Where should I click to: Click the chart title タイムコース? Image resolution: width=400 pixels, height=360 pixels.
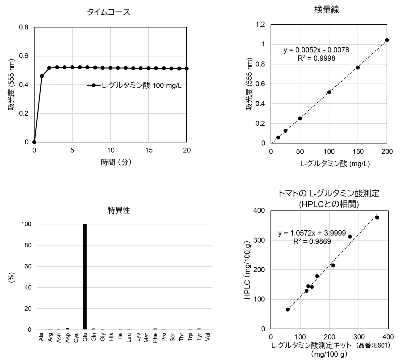coord(108,13)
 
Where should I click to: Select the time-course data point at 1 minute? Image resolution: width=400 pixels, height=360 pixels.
coord(42,76)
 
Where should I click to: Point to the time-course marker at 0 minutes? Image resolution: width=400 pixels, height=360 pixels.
coord(34,142)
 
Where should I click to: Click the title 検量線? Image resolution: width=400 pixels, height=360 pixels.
coord(326,10)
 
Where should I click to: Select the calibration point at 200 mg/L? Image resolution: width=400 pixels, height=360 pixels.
coord(387,40)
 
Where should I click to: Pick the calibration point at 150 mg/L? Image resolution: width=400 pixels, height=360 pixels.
coord(358,67)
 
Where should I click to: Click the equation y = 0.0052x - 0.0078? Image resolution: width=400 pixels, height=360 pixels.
coord(316,50)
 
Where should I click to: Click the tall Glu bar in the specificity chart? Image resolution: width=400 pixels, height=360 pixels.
coord(85,277)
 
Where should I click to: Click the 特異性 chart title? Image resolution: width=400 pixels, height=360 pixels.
coord(119,210)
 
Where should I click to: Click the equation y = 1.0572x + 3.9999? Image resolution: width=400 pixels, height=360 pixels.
coord(312,233)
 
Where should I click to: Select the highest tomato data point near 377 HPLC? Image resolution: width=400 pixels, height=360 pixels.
coord(377,217)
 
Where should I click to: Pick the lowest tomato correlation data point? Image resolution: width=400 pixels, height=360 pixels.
coord(288,310)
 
